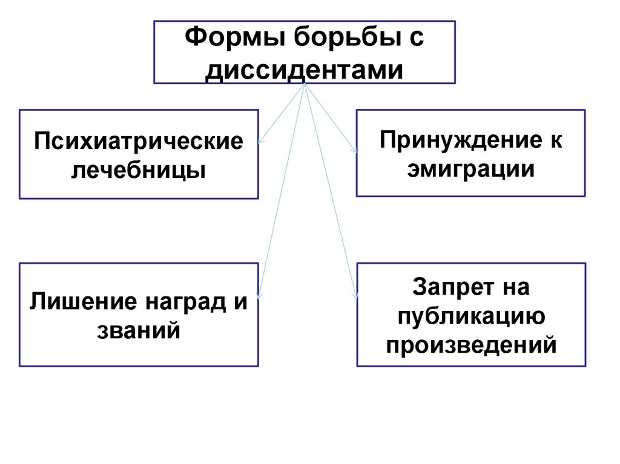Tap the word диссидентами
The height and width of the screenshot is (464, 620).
(304, 70)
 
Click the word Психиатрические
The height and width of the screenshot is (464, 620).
(139, 143)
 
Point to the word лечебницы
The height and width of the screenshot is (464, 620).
(139, 171)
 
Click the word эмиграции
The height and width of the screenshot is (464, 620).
(470, 169)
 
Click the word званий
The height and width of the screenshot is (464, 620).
(139, 330)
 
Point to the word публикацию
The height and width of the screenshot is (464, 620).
(470, 315)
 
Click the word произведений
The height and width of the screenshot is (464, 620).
(470, 344)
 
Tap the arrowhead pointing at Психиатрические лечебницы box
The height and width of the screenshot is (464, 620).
(260, 142)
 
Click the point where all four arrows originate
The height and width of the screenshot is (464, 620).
(305, 85)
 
